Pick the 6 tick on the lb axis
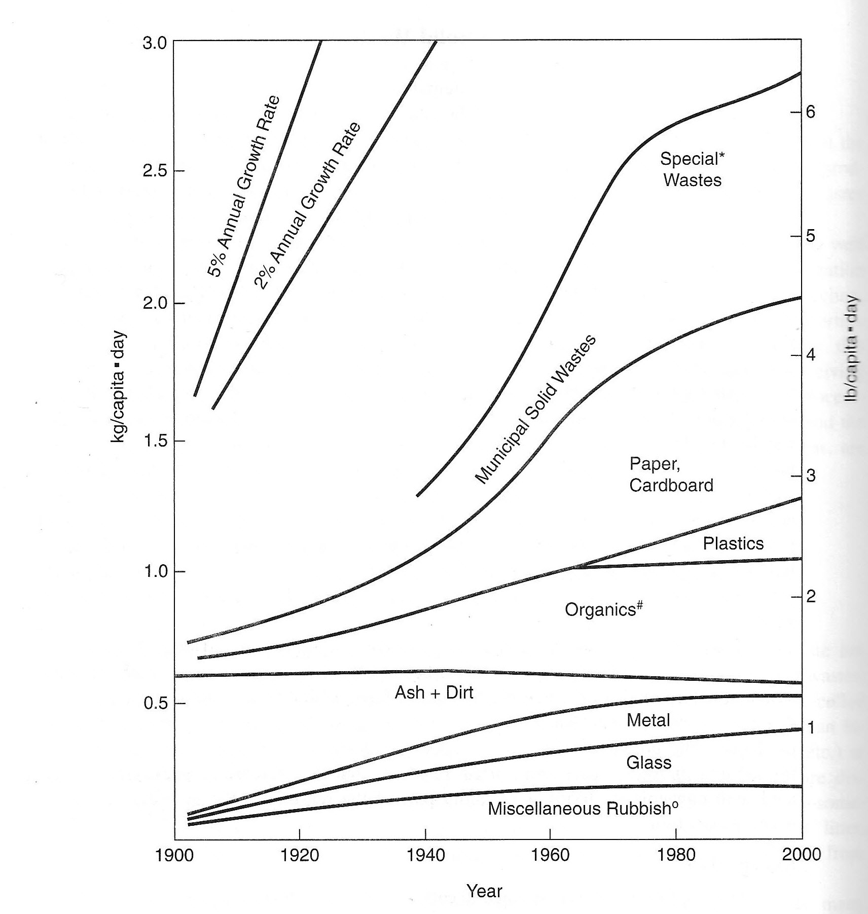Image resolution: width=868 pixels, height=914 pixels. pyautogui.click(x=809, y=112)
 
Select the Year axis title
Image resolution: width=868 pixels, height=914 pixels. pyautogui.click(x=484, y=891)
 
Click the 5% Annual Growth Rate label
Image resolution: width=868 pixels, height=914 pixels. pyautogui.click(x=243, y=186)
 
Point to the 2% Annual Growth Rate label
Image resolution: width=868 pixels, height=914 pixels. pyautogui.click(x=307, y=206)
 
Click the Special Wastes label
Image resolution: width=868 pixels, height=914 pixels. pyautogui.click(x=692, y=169)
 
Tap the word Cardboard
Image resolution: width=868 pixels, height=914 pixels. pyautogui.click(x=671, y=485)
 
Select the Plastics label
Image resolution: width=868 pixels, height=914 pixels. pyautogui.click(x=733, y=543)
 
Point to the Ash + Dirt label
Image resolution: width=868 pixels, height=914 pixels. pyautogui.click(x=434, y=692)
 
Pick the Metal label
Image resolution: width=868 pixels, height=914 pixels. pyautogui.click(x=648, y=720)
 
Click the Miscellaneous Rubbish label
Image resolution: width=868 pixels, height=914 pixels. pyautogui.click(x=583, y=808)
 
